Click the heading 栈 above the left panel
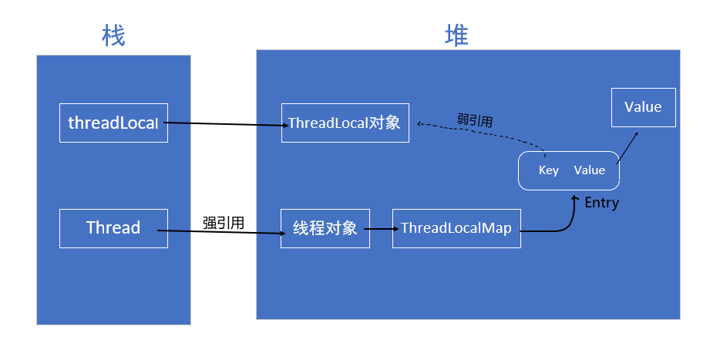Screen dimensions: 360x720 coord(113,35)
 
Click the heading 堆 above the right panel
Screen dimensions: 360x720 coord(456,35)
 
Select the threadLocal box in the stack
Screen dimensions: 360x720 coord(113,123)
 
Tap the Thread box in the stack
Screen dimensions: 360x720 coord(113,228)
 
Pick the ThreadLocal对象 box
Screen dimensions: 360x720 coord(345,123)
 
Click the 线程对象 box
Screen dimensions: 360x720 coord(325,228)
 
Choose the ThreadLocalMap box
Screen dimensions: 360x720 coord(456,228)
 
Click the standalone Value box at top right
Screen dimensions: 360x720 coord(643,107)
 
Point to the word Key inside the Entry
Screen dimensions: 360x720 coord(549,170)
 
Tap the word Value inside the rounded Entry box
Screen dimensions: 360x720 coord(590,170)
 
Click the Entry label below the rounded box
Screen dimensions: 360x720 coord(601,204)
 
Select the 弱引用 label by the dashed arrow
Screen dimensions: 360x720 coord(475,120)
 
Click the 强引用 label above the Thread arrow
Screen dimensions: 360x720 coord(224,223)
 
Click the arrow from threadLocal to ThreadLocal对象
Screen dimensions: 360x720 coord(224,123)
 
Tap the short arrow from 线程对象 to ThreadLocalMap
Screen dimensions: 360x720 coord(381,229)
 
